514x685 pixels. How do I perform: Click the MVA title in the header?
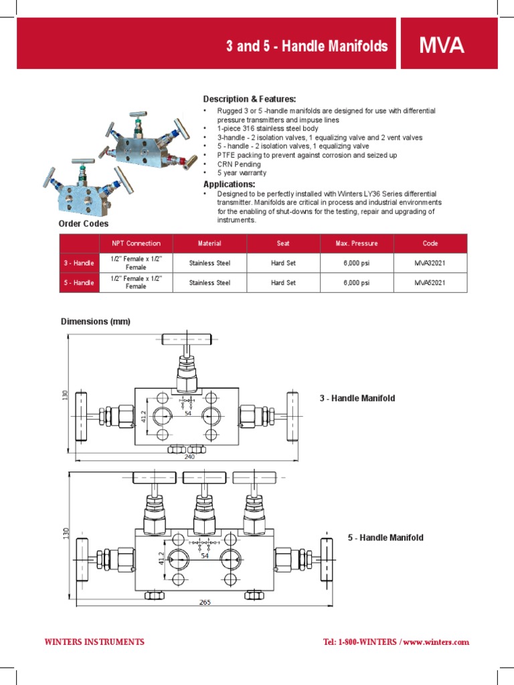[x=442, y=46]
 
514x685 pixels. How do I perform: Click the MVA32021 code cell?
[x=430, y=264]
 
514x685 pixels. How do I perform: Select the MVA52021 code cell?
[x=430, y=283]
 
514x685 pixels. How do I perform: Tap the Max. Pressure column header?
[x=356, y=243]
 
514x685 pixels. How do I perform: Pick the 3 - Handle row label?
[x=79, y=264]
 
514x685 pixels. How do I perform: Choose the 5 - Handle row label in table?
[x=79, y=283]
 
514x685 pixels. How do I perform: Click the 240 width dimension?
[x=189, y=457]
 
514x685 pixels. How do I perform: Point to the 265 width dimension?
[x=205, y=602]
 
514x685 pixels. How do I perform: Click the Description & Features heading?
[x=250, y=99]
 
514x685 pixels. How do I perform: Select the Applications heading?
[x=229, y=184]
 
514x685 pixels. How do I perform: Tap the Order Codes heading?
[x=83, y=223]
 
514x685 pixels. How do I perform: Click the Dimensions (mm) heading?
[x=96, y=322]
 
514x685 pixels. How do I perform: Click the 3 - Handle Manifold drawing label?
[x=357, y=399]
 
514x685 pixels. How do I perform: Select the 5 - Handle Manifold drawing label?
[x=385, y=538]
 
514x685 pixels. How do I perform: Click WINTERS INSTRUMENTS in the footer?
[x=94, y=642]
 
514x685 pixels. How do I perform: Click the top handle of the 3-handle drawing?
[x=187, y=340]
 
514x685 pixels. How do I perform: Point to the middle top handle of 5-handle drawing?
[x=205, y=478]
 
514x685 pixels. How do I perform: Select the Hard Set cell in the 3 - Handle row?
[x=283, y=264]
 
